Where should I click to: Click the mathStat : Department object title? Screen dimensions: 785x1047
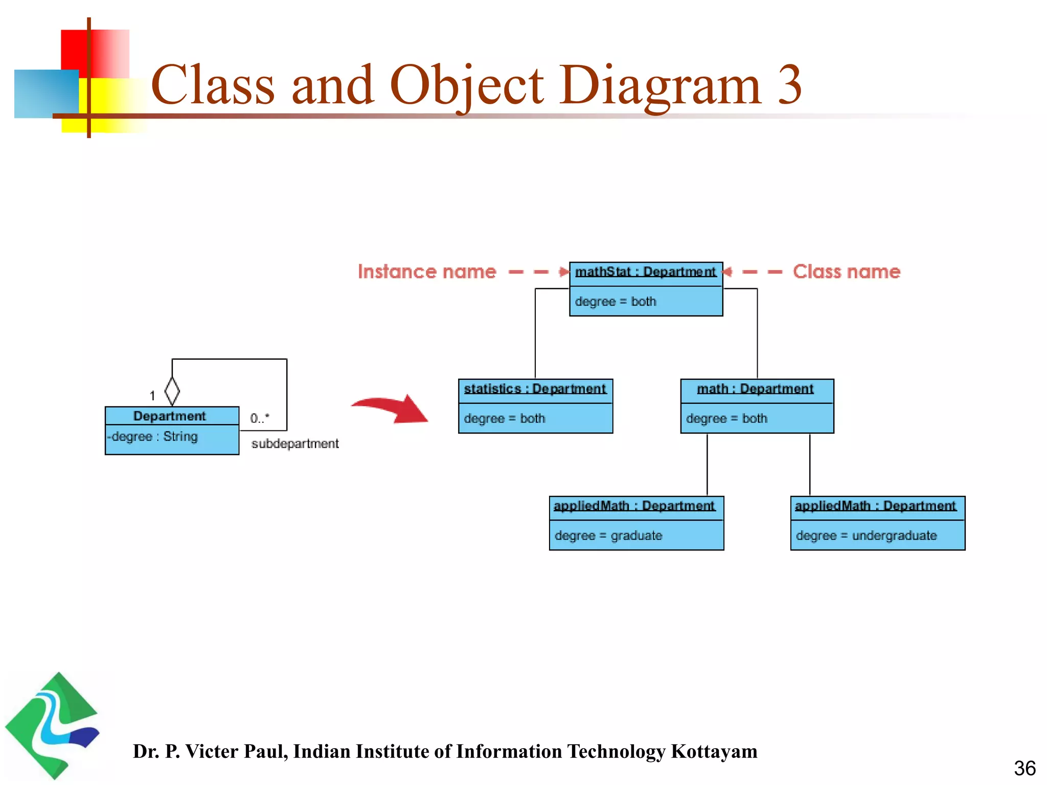(645, 272)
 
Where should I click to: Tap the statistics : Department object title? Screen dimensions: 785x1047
(535, 389)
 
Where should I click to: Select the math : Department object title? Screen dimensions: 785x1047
(755, 389)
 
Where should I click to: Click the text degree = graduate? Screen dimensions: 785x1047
(608, 536)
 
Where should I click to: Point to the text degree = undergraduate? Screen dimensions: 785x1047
(866, 536)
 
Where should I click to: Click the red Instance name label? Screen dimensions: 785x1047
(427, 271)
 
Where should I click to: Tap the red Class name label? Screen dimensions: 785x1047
(846, 271)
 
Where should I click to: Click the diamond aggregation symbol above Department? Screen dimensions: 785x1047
(172, 391)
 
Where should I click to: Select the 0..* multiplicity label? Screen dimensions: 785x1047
(260, 419)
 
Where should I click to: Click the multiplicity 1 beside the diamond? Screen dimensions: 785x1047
(152, 396)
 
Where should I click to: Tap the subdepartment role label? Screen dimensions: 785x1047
(295, 444)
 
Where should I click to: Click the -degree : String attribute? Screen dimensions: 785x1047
(153, 437)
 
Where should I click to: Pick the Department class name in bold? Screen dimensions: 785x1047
(169, 416)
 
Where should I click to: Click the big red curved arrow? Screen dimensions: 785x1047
(394, 408)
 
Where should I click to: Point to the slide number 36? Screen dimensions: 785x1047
(1025, 768)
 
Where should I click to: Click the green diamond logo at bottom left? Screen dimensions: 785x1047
(52, 726)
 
